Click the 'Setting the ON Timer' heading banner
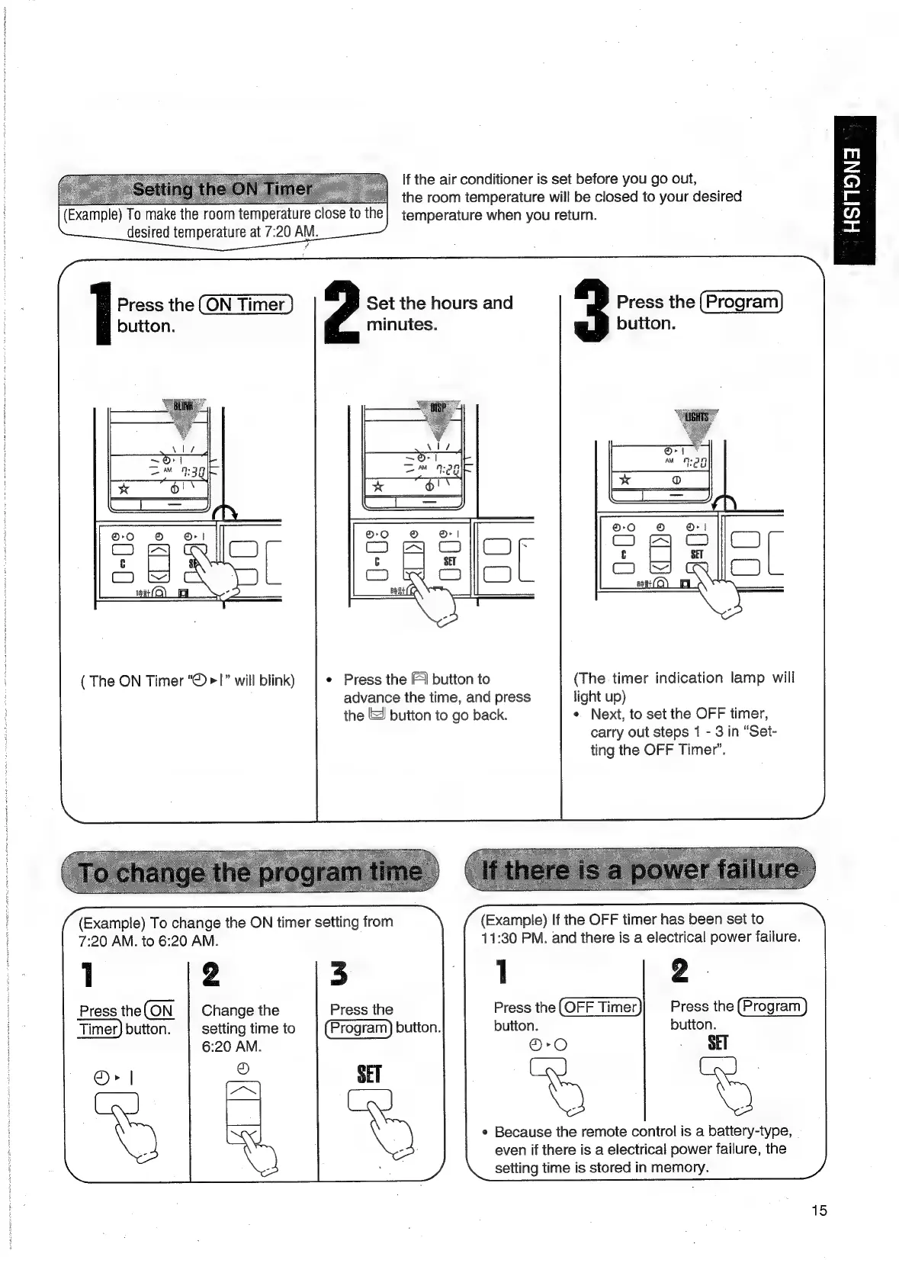pyautogui.click(x=222, y=189)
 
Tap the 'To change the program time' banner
pyautogui.click(x=252, y=872)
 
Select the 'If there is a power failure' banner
pyautogui.click(x=641, y=870)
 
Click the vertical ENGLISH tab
pyautogui.click(x=854, y=190)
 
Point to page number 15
pyautogui.click(x=819, y=1210)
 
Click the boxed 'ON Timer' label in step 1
pyautogui.click(x=245, y=305)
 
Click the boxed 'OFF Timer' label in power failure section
pyautogui.click(x=601, y=1007)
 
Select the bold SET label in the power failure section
pyautogui.click(x=718, y=1043)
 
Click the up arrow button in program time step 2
pyautogui.click(x=244, y=1093)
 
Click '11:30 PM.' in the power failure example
pyautogui.click(x=514, y=937)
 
